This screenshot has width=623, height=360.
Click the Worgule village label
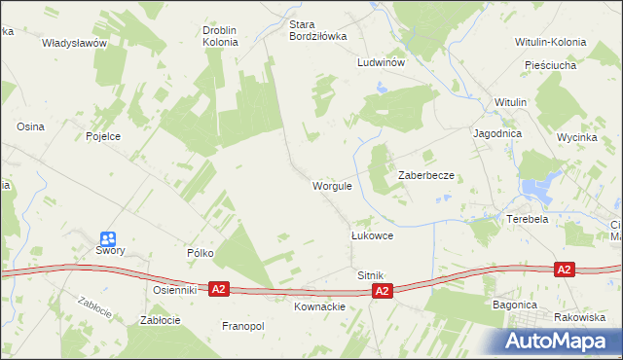click(x=332, y=186)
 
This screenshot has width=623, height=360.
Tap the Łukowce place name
click(x=372, y=235)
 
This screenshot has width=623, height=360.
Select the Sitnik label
click(x=371, y=276)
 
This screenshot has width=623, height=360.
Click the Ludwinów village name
click(x=381, y=60)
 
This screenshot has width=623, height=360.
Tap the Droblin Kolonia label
click(x=220, y=36)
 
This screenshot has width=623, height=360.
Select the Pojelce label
click(x=103, y=136)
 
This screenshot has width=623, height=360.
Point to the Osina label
click(x=30, y=126)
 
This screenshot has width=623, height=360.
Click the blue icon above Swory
click(x=108, y=238)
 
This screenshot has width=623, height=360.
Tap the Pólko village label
click(x=201, y=253)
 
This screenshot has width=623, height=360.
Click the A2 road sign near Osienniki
click(x=219, y=289)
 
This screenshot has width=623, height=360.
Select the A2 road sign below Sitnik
click(x=384, y=291)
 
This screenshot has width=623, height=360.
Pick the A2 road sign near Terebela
click(x=563, y=268)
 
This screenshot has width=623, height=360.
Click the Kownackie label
click(x=320, y=306)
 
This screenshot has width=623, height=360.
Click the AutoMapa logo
click(x=562, y=341)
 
